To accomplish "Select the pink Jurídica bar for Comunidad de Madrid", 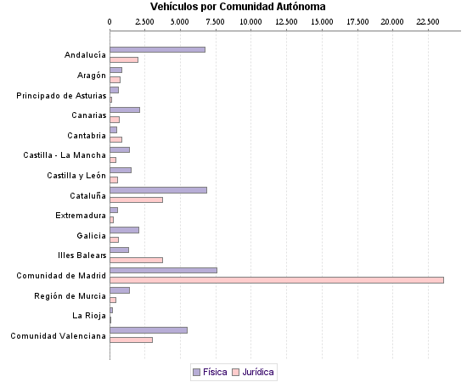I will [x=277, y=279].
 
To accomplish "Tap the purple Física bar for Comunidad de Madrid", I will [x=163, y=270].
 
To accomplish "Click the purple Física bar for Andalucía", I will [x=157, y=49].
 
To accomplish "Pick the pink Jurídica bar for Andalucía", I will [x=124, y=59].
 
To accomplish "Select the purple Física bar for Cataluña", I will [x=158, y=189].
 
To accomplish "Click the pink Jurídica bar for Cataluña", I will [x=136, y=199].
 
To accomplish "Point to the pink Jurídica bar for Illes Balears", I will [x=136, y=260].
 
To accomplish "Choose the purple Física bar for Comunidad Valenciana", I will [x=149, y=329].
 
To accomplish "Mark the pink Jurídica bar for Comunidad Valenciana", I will [x=132, y=340].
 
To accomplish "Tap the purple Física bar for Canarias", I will [x=125, y=110].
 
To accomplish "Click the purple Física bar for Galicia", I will [x=124, y=229].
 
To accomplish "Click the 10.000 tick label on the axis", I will [x=251, y=20].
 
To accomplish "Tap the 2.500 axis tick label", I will [x=145, y=20].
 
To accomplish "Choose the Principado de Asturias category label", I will [x=61, y=95].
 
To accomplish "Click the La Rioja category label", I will [x=89, y=316].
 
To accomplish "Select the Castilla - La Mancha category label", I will [x=65, y=155].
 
